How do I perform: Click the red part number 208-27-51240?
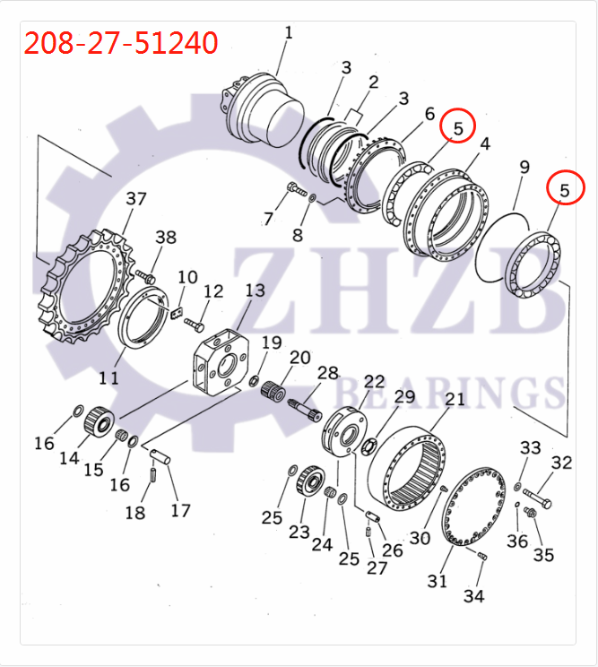[121, 42]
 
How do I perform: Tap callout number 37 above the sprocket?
[135, 199]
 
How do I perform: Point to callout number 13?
[256, 291]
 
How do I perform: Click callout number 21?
[455, 399]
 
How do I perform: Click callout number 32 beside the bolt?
[561, 463]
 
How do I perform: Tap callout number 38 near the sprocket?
[166, 238]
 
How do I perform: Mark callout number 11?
[108, 377]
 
